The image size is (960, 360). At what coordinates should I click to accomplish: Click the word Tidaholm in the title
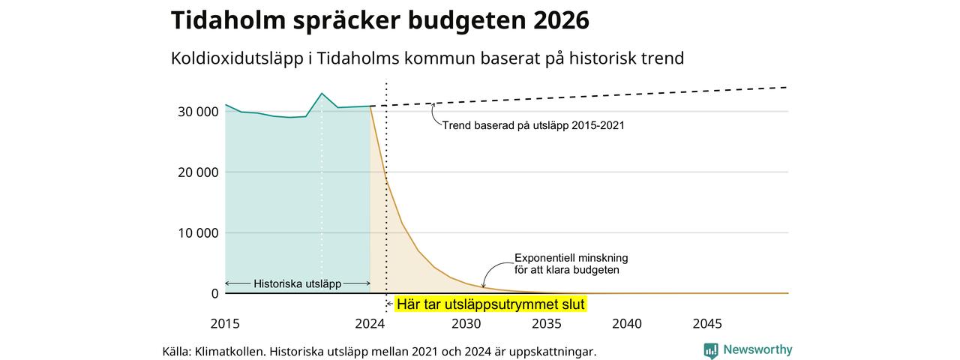(x=229, y=20)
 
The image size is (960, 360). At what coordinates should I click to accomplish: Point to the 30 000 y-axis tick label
(x=198, y=112)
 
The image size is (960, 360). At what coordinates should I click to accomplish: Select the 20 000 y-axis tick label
(x=198, y=172)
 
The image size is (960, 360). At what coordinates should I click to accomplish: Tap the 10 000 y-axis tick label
(x=198, y=233)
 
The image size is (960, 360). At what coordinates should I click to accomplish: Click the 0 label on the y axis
(x=214, y=293)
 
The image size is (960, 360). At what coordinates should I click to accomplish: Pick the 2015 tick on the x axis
(x=225, y=323)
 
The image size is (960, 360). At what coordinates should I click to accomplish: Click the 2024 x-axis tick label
(x=370, y=323)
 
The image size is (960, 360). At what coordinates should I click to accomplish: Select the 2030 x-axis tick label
(x=466, y=323)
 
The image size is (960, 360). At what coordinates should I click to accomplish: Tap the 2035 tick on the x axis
(x=547, y=323)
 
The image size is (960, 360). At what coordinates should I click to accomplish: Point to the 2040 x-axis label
(x=627, y=323)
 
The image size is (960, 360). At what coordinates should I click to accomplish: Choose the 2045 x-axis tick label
(x=707, y=323)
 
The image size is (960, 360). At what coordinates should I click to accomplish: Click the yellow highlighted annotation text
(x=490, y=304)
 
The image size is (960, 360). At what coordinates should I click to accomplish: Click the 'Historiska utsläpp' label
(x=298, y=283)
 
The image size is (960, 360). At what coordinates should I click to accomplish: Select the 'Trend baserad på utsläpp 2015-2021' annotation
(x=533, y=125)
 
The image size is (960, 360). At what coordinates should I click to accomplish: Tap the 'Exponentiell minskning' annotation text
(x=571, y=258)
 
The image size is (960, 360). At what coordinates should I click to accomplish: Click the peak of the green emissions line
(x=322, y=94)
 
